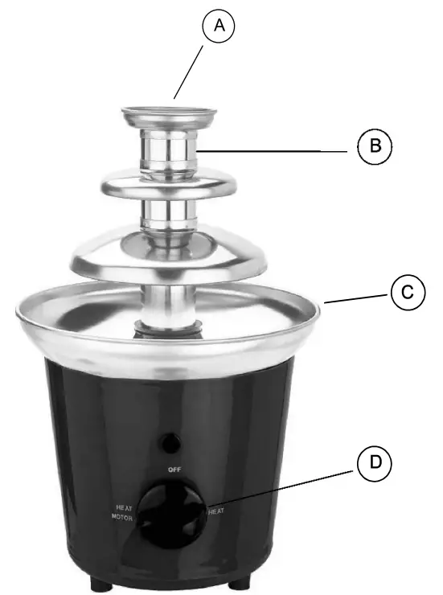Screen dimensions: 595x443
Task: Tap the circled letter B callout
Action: point(374,147)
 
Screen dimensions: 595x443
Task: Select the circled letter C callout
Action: point(408,293)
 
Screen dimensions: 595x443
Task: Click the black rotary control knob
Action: point(170,514)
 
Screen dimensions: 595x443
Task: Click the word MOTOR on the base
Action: point(123,519)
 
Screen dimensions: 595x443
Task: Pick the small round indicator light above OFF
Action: point(170,441)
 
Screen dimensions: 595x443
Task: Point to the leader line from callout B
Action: point(273,150)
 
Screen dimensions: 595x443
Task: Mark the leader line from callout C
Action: point(359,297)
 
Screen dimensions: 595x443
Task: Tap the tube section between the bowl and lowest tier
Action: point(169,304)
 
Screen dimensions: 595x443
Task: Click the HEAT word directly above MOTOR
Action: point(123,508)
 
